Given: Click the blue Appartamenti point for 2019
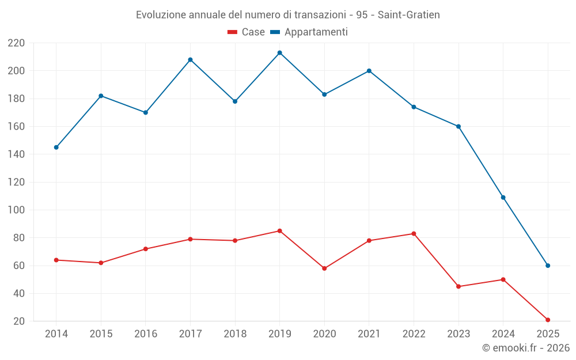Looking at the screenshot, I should point(279,52).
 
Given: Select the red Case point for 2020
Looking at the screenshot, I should point(324,268).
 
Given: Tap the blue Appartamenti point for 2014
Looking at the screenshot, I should point(56,147).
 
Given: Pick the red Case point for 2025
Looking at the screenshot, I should point(548,320).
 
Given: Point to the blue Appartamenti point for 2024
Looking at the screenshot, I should point(503,198).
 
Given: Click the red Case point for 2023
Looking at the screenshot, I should point(458,286).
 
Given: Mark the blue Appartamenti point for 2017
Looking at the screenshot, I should point(190,59).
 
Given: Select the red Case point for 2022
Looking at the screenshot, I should point(414,233).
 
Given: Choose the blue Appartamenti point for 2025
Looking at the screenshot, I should point(548,266).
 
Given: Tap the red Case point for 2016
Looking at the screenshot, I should point(145,249).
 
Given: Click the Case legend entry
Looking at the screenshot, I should point(247,32).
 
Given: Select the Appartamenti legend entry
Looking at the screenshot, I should point(309,32).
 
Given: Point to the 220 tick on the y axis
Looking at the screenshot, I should point(16,43).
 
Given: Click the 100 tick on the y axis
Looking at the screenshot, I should point(16,210).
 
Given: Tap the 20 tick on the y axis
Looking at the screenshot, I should point(19,321).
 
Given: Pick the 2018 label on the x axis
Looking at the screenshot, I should point(235,334).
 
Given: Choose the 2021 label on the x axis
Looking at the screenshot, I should point(369,334).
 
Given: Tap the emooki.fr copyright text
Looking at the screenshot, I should point(526,348).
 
